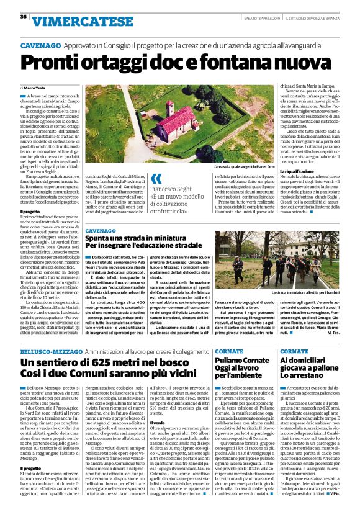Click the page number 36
coord(24,17)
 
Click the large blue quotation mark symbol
coord(156,179)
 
